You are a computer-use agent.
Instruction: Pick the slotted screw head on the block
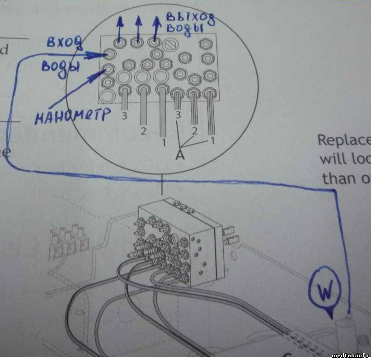pos(171,44)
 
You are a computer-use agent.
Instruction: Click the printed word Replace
pos(344,140)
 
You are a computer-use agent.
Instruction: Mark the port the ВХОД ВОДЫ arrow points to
pos(109,55)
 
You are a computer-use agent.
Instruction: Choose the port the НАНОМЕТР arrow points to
pos(108,69)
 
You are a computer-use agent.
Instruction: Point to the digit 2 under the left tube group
pos(143,131)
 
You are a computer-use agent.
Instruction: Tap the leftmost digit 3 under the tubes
pos(124,116)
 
